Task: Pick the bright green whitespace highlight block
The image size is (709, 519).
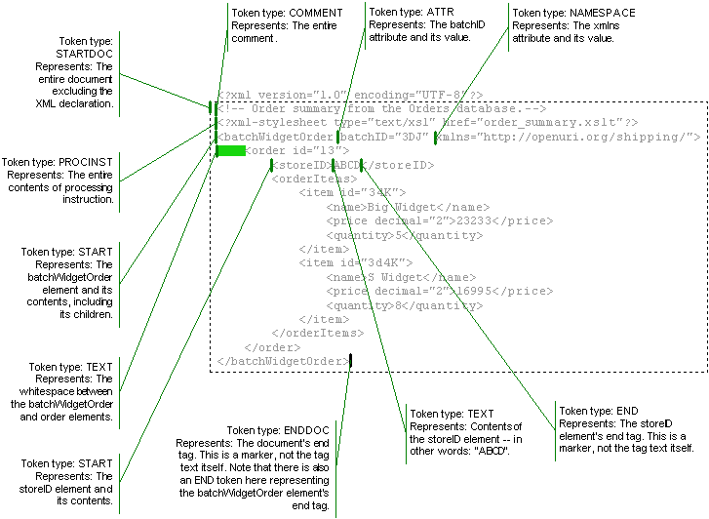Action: (x=231, y=151)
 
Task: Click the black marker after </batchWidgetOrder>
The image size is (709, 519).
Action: (x=350, y=361)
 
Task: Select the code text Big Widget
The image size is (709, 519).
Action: (x=394, y=207)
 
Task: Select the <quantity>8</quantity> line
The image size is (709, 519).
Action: (x=405, y=304)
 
